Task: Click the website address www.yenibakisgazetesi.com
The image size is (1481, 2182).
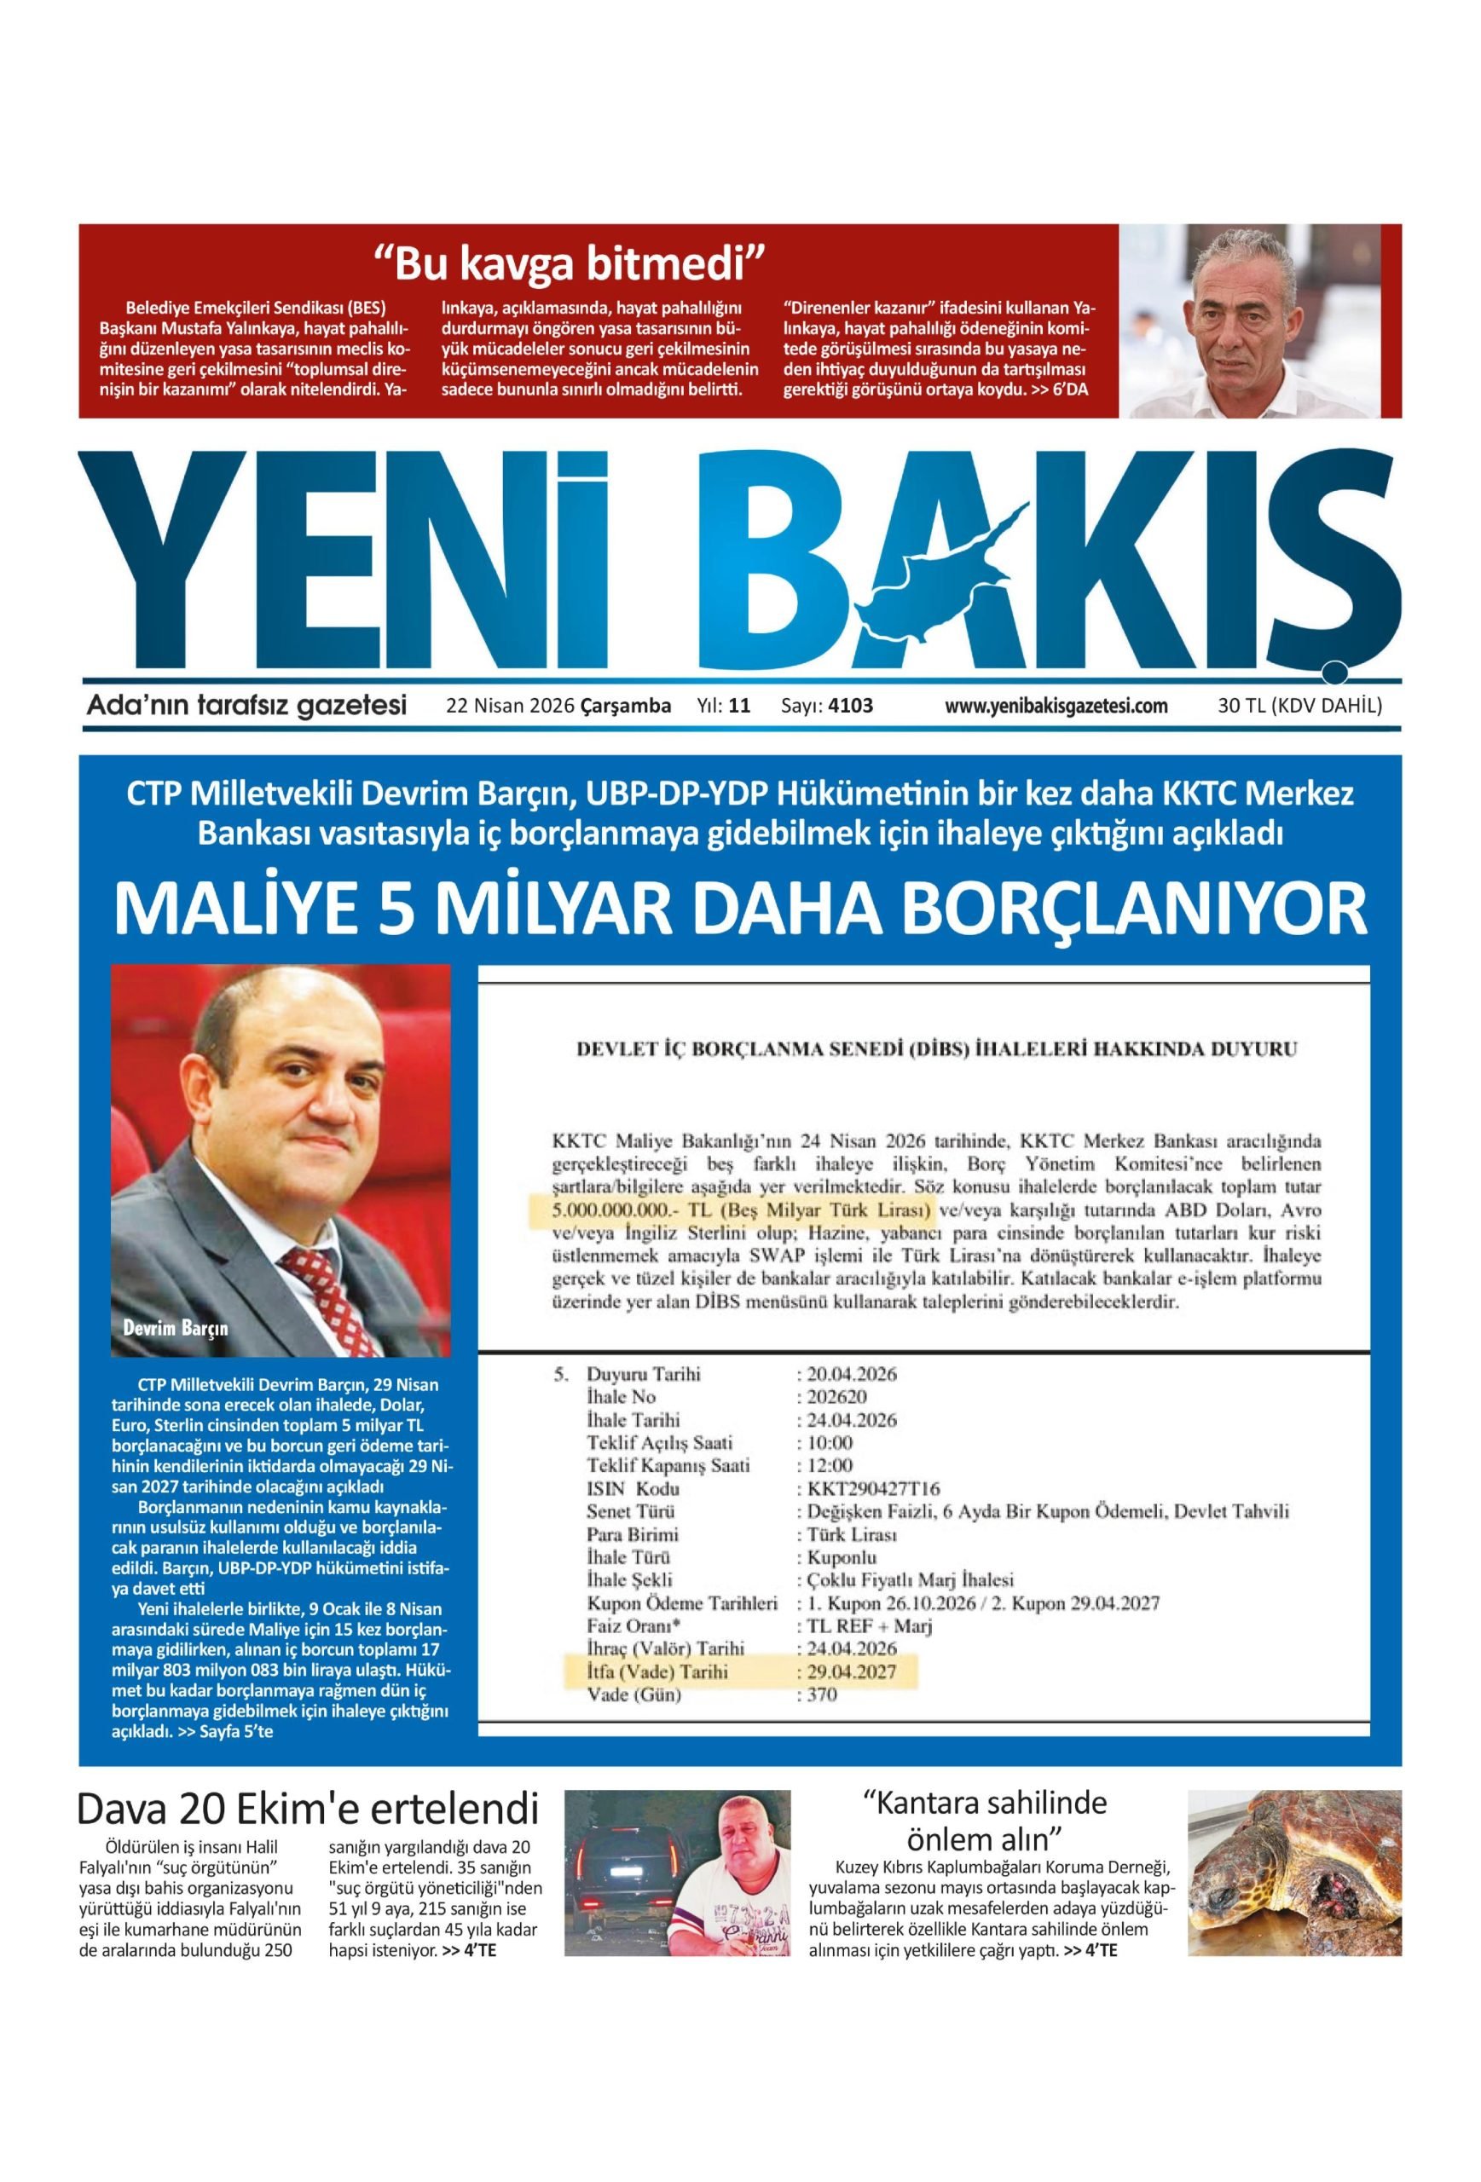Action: tap(1056, 706)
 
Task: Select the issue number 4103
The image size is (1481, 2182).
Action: tap(850, 706)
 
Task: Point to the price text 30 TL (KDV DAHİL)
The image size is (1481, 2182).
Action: tap(1299, 706)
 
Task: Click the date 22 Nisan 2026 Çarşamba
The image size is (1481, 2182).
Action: tap(558, 706)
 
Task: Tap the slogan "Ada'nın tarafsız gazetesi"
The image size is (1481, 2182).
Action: tap(246, 705)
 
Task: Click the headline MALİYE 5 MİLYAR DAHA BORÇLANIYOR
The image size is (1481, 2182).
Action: tap(740, 909)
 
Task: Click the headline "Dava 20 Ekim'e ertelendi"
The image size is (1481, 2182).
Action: tap(308, 1811)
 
